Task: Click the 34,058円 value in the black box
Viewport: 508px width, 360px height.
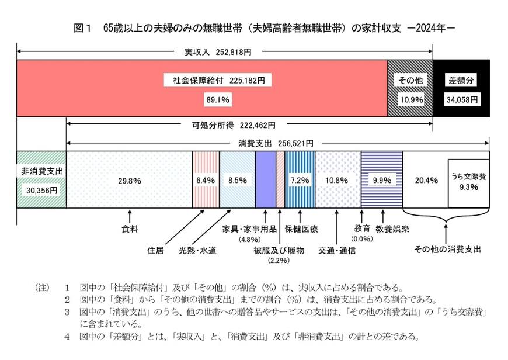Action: click(462, 100)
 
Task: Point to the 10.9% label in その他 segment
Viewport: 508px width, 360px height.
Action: click(410, 100)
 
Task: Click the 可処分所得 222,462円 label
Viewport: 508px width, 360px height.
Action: click(234, 124)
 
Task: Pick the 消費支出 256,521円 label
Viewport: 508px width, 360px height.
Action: click(276, 143)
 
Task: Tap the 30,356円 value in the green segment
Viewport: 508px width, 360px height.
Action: click(41, 189)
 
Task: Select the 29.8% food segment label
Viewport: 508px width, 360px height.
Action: click(130, 181)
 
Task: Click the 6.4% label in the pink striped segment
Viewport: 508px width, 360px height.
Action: click(206, 181)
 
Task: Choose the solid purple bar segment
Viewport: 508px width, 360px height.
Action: click(266, 179)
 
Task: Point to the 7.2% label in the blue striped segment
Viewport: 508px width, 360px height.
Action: click(300, 181)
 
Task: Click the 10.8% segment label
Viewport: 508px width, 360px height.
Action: click(337, 181)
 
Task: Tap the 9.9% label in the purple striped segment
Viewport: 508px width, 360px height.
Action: click(381, 181)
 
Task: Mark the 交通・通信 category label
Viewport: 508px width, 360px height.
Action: click(337, 251)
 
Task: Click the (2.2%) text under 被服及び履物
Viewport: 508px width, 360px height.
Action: click(279, 261)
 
